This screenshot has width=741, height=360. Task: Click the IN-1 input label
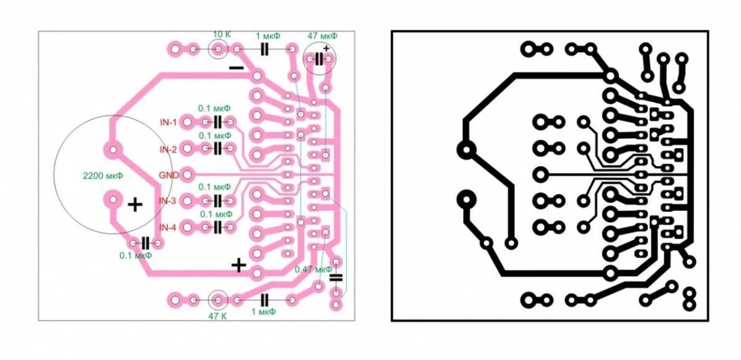(x=169, y=122)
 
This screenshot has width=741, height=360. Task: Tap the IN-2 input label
(x=169, y=149)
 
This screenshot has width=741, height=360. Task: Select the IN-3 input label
(x=168, y=201)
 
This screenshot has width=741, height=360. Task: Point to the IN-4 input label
(x=168, y=228)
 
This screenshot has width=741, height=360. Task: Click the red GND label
(x=169, y=175)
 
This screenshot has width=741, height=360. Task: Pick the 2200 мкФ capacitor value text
(x=103, y=175)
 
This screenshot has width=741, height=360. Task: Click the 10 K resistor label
(x=222, y=35)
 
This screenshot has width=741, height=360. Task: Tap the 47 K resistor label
(x=217, y=316)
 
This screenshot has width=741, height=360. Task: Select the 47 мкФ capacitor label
(x=322, y=36)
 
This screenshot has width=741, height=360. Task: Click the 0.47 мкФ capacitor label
(x=313, y=269)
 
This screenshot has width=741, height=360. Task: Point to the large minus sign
(x=237, y=68)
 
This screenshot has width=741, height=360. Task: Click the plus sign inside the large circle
(x=135, y=204)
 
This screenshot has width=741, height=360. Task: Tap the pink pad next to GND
(x=187, y=175)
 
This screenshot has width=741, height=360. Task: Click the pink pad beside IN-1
(x=187, y=122)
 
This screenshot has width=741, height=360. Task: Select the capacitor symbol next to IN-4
(x=217, y=227)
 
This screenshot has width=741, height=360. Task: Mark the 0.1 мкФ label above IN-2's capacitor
(x=215, y=136)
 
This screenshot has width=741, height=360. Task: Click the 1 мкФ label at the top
(x=267, y=36)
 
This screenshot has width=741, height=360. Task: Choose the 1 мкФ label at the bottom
(x=263, y=312)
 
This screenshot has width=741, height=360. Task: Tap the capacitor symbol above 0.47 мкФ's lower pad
(x=336, y=278)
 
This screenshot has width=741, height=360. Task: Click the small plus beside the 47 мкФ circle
(x=327, y=48)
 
